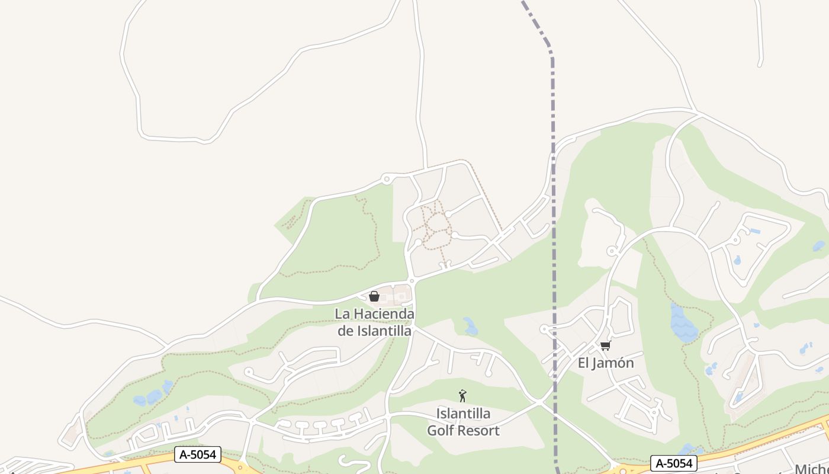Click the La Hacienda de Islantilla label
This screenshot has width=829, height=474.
point(374,322)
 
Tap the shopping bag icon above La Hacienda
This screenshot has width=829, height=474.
point(374,296)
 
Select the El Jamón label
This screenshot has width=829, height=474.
point(606,363)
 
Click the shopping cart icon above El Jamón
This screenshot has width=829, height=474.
point(605,345)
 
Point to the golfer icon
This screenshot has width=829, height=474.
point(462,396)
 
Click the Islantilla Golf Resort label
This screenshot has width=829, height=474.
point(463,422)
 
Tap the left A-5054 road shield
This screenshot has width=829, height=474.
point(198,454)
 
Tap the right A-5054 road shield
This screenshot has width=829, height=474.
point(673,463)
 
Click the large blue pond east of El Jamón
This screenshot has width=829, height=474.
point(683,323)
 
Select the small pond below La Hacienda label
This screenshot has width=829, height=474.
point(470,326)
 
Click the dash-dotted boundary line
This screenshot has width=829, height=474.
point(554,178)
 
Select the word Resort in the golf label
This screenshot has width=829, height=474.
point(480,431)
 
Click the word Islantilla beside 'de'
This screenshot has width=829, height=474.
point(384,331)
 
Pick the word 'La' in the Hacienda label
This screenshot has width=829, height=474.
point(342,313)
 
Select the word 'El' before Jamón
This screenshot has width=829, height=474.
point(583,363)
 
